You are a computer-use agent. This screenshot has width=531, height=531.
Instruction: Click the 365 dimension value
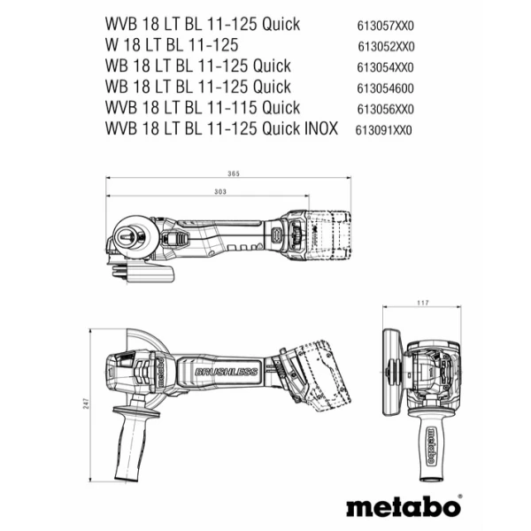pos(233,173)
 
